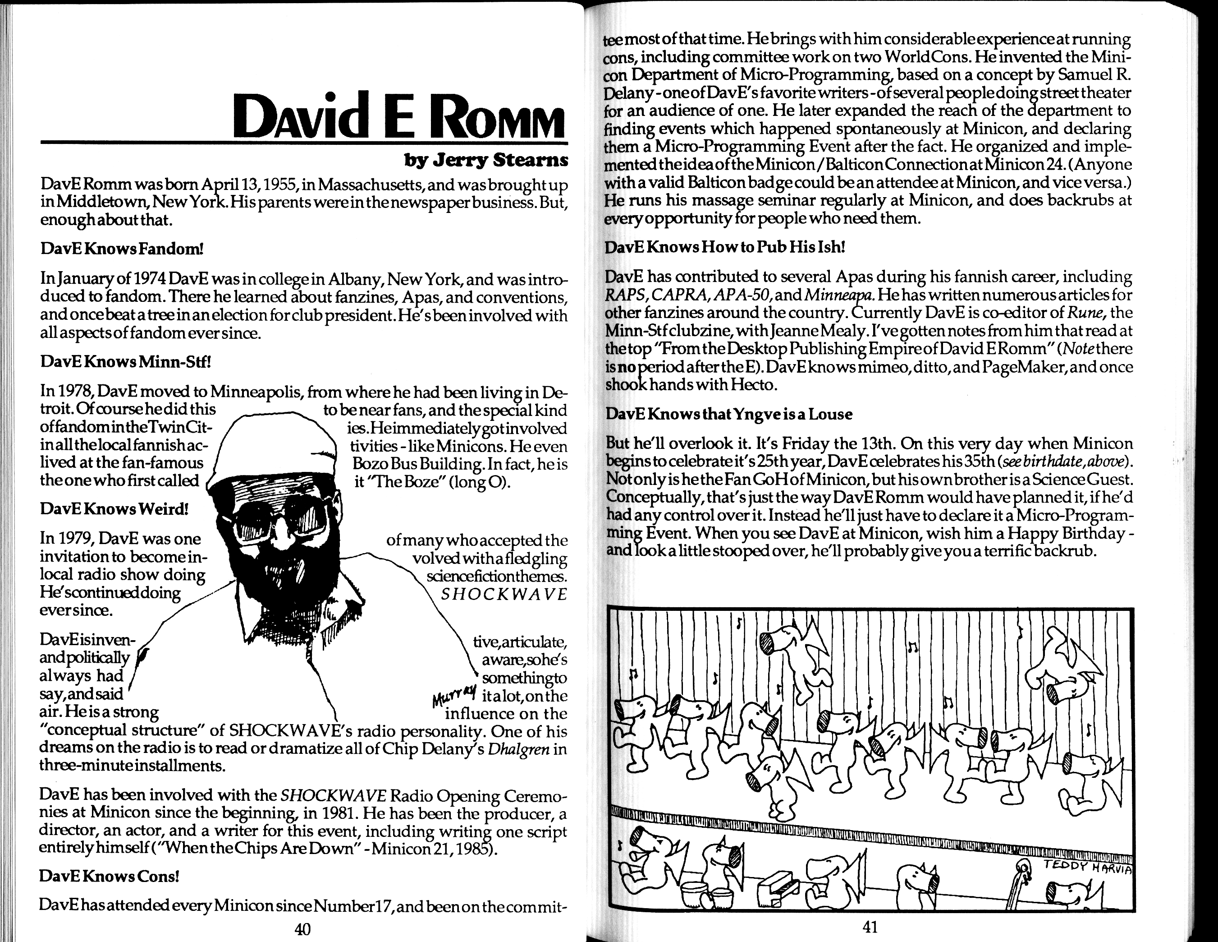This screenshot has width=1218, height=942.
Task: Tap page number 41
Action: pos(870,927)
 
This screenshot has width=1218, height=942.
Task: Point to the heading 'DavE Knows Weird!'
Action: pos(114,509)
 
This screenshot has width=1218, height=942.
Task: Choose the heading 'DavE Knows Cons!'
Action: pos(109,876)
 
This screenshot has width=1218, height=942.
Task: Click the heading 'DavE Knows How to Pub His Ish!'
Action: pos(725,247)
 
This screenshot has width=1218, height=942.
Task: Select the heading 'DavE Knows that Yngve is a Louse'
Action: pos(729,414)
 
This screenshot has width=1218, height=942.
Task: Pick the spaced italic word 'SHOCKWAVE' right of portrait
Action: pos(504,594)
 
